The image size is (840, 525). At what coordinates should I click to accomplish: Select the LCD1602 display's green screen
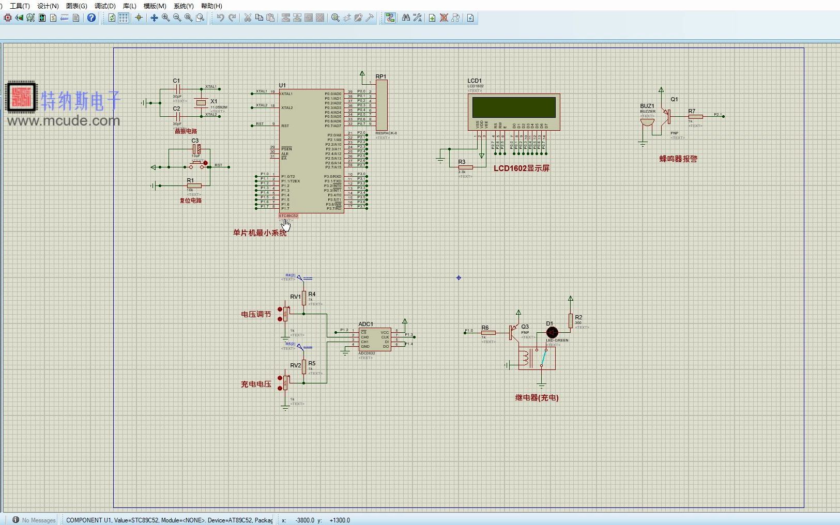point(514,107)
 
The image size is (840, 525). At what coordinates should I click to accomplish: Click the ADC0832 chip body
point(375,339)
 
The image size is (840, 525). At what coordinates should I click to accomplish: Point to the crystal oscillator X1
point(201,103)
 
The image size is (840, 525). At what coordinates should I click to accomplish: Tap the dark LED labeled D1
point(552,332)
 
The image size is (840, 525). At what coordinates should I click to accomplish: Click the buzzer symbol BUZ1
point(647,122)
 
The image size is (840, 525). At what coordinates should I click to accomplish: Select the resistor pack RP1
point(381,106)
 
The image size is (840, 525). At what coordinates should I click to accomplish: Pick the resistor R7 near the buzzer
point(695,117)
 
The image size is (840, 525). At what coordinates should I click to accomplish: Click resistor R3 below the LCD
point(465,167)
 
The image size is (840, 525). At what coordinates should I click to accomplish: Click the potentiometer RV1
point(286,313)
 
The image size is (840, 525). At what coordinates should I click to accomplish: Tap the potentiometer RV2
point(286,381)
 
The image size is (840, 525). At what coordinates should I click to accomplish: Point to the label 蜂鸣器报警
point(678,159)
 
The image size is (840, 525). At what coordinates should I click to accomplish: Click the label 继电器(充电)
point(537,398)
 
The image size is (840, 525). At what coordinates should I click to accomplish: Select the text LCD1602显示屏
point(521,168)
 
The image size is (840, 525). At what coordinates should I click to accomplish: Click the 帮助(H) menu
point(211,6)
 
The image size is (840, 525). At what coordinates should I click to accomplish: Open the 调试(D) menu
point(105,6)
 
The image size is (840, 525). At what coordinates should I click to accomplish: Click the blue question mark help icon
point(91,18)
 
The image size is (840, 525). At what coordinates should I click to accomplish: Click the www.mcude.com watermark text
point(64,121)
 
